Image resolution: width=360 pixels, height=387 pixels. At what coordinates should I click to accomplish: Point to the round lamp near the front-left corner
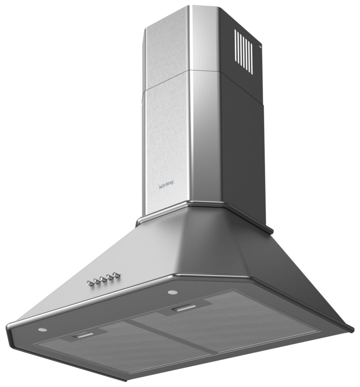tap(42, 330)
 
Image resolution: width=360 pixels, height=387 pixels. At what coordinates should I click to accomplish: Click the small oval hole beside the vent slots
tap(259, 47)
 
